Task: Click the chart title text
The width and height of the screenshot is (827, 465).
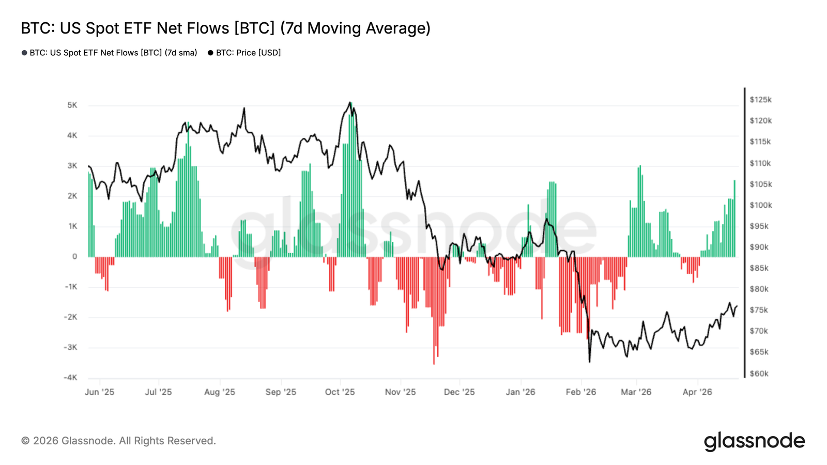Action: coord(225,28)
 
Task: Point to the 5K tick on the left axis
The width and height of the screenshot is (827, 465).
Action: coord(72,105)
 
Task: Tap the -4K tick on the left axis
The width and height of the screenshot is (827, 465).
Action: coord(70,377)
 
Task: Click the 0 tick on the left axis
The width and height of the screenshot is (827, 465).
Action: coord(74,256)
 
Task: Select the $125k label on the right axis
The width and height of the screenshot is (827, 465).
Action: coord(760,99)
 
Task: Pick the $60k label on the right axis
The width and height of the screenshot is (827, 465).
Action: coord(759,373)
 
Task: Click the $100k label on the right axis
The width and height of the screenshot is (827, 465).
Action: coord(760,205)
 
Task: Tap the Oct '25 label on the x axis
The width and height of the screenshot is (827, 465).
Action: coord(340,392)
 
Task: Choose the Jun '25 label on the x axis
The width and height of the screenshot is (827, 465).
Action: coord(99,392)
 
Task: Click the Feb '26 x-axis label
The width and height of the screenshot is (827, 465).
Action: coord(580,392)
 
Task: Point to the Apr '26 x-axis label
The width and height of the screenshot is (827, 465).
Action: coord(697,392)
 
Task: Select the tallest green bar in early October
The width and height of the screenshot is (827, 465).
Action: coord(351,181)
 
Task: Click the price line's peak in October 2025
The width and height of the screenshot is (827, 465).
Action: coord(350,102)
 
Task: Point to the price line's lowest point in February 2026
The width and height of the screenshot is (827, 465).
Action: coord(589,362)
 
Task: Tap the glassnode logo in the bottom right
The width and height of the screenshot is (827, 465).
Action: coord(754,442)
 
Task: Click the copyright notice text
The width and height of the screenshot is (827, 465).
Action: coord(118,441)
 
